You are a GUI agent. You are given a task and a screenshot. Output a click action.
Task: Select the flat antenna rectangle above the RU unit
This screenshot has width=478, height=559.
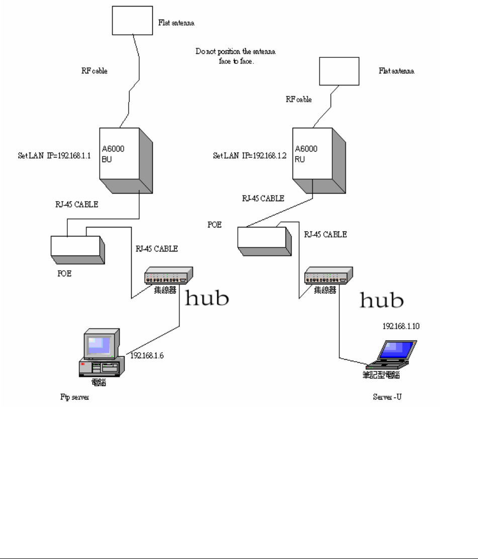pos(339,71)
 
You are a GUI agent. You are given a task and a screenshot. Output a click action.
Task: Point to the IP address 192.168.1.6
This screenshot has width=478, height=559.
pos(148,355)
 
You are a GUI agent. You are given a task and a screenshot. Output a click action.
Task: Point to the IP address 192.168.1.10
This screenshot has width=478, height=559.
pos(401,326)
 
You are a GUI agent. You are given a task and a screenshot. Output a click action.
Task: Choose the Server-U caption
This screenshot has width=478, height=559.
pos(387,397)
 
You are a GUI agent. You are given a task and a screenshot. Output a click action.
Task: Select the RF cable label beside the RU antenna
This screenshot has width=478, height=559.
pos(298,99)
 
